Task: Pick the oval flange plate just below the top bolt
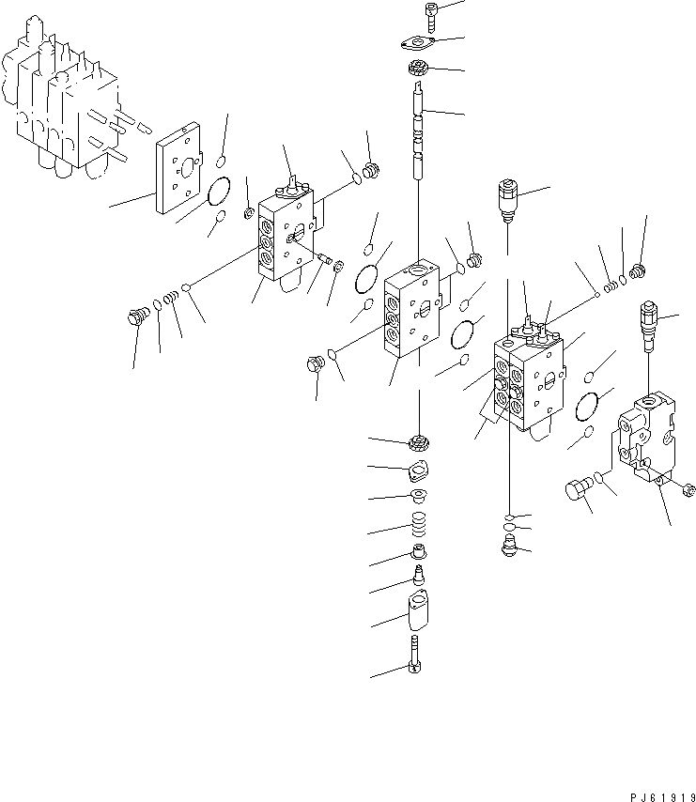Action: [x=417, y=43]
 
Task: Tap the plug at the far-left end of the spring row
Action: [x=138, y=317]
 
